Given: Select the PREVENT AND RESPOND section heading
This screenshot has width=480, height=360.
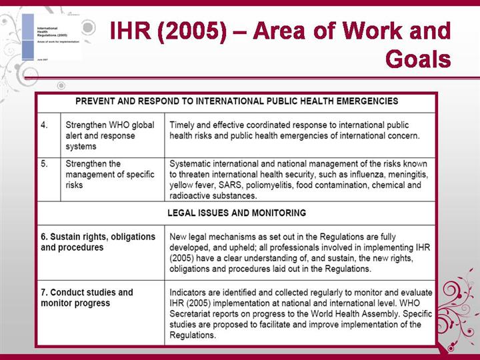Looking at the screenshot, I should pos(237,101).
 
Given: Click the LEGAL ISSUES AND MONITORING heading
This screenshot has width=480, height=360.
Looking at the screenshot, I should pos(237,213).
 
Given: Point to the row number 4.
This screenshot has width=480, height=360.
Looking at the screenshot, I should pos(45,125).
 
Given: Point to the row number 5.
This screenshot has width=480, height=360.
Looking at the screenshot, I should pos(45,163).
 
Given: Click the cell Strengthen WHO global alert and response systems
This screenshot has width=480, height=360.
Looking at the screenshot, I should pos(100,135).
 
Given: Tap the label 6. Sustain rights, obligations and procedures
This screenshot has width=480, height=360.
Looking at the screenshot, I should pos(98,241).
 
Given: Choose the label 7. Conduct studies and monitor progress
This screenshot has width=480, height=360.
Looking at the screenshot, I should pos(87,297).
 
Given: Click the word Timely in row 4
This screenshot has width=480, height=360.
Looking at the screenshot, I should pos(184,125).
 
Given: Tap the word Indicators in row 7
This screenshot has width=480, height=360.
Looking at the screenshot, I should pos(191,292).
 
